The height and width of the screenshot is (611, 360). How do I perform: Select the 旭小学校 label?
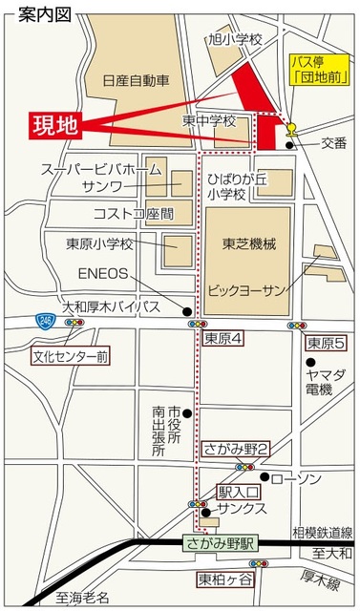[234, 39]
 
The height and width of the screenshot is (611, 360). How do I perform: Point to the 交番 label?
[333, 143]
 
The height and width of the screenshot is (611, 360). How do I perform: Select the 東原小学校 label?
[99, 242]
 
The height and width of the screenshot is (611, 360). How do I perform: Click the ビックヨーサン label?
[247, 286]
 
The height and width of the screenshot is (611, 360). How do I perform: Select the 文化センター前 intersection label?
[71, 358]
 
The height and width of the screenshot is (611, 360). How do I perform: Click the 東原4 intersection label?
[224, 340]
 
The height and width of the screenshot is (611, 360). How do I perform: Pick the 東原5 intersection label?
[325, 341]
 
